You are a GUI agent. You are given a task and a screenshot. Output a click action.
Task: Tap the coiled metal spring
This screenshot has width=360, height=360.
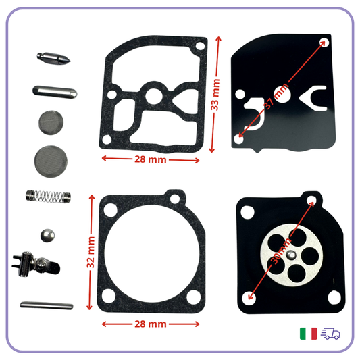(x=49, y=196)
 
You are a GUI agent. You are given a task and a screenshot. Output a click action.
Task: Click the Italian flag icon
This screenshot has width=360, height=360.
(x=309, y=334)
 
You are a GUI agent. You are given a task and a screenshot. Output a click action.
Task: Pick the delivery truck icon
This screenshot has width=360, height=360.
(x=330, y=334)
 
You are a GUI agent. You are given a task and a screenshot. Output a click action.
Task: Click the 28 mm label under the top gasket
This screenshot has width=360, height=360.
(x=150, y=159)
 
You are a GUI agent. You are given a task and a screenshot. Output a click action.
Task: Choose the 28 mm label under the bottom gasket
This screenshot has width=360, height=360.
(x=150, y=324)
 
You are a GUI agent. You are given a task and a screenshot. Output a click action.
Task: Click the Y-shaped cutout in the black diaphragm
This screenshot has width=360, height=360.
(x=313, y=98)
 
